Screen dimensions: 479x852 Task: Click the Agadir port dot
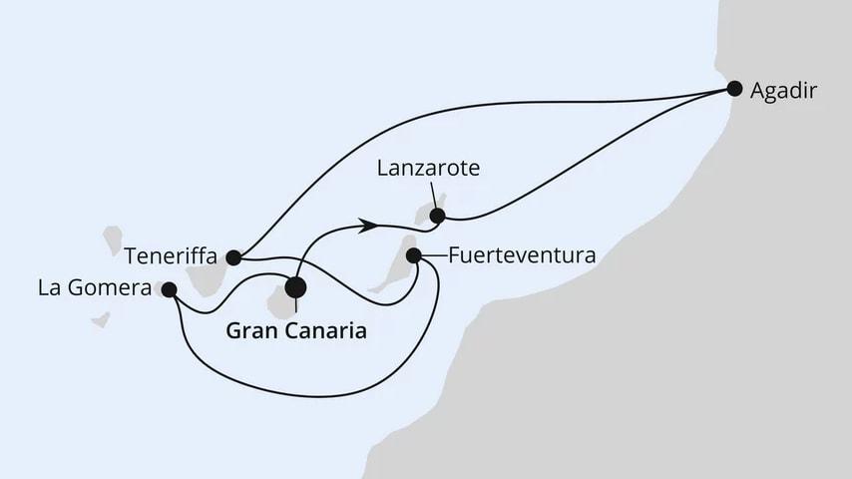(734, 88)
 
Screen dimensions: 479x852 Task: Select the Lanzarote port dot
(436, 214)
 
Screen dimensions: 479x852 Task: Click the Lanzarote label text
(429, 171)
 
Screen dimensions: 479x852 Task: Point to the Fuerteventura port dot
(414, 255)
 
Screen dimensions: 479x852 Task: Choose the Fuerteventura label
(522, 255)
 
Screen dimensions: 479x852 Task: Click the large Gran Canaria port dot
(296, 287)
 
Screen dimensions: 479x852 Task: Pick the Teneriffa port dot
(232, 256)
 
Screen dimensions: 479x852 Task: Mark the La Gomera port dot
(169, 289)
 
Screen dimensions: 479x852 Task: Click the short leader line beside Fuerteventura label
(431, 255)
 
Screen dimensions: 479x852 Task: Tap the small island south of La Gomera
(100, 321)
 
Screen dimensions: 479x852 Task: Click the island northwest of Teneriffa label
(112, 239)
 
